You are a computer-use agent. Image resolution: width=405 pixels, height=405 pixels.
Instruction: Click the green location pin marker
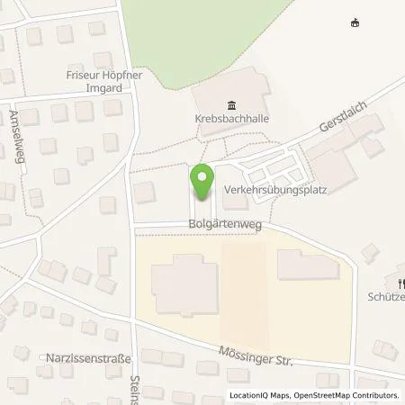coord(202,183)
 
